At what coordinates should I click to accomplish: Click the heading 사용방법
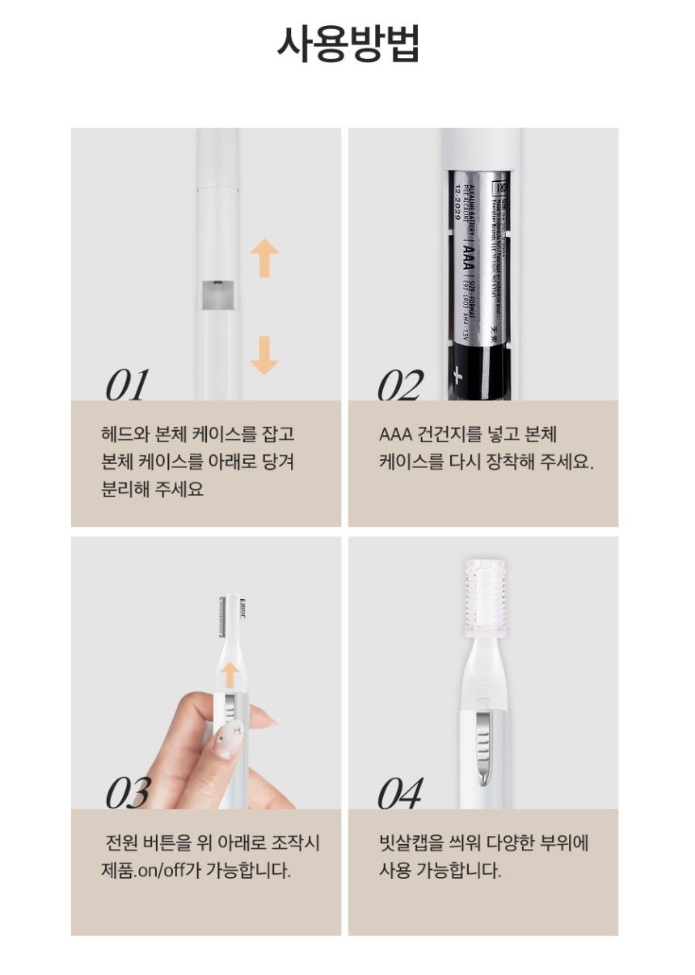pyautogui.click(x=347, y=44)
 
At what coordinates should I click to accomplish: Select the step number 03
pyautogui.click(x=127, y=793)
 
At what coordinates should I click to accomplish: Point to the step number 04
pyautogui.click(x=399, y=793)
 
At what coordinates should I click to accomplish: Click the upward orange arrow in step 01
pyautogui.click(x=264, y=258)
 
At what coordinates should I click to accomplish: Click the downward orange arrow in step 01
pyautogui.click(x=264, y=355)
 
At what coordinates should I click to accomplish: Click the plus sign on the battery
pyautogui.click(x=459, y=374)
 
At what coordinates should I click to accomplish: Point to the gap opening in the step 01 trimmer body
pyautogui.click(x=217, y=296)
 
